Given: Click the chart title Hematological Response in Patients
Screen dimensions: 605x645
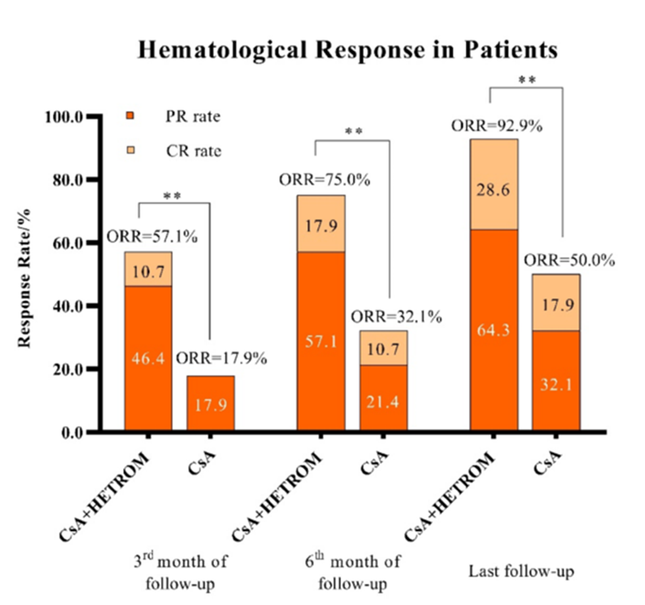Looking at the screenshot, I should (x=347, y=50).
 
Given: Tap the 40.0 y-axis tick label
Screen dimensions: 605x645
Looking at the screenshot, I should (x=67, y=306).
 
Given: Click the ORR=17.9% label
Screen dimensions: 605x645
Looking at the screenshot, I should (x=221, y=359).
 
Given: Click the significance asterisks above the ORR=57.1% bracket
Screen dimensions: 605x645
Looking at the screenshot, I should (x=174, y=195).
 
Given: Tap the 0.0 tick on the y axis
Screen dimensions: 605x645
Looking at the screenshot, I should (x=71, y=433).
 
